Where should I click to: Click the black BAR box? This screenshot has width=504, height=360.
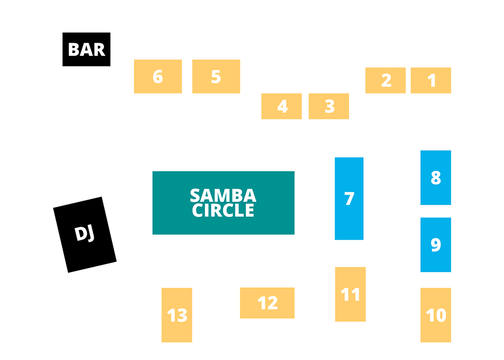point(87,50)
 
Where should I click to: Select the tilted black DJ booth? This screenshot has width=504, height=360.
point(85,235)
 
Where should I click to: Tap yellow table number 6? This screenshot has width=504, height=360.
point(158,76)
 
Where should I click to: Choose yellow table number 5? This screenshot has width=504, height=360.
point(216,76)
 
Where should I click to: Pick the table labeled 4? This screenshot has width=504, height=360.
point(281,106)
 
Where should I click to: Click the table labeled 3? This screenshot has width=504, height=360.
point(329,106)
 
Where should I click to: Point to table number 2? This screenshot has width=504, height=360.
point(385,80)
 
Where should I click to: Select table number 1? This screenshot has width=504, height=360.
point(431,80)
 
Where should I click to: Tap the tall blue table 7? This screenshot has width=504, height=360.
point(349,199)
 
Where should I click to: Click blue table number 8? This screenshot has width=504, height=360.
point(435,177)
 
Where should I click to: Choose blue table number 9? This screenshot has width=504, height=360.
point(435,244)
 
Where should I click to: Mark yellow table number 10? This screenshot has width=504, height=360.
point(435,315)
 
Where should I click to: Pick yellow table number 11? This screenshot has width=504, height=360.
point(350,294)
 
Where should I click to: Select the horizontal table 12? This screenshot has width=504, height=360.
point(267,303)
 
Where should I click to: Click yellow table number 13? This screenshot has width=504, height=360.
point(177,315)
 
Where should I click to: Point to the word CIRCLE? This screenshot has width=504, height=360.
point(223,210)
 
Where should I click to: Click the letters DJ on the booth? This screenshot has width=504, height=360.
point(85,234)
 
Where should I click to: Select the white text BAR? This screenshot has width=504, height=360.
point(87,50)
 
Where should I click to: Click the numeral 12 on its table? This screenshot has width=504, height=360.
point(267,303)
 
